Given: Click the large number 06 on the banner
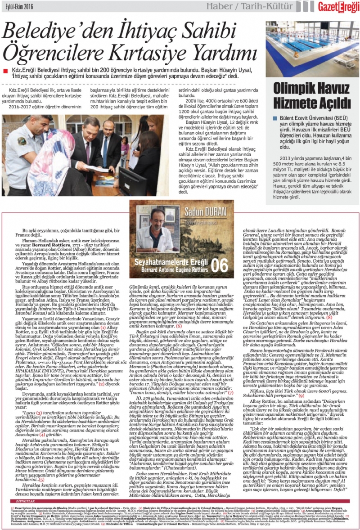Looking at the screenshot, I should click(220, 264).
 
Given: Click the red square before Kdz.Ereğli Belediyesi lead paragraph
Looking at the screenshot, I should click(4, 71).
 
